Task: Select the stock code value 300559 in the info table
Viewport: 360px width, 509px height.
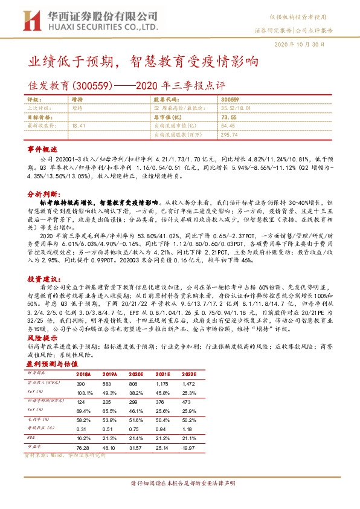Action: (230, 99)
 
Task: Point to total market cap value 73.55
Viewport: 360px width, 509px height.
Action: (228, 117)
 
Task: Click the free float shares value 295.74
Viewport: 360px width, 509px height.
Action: (230, 134)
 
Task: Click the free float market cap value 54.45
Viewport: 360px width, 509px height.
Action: (228, 125)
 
